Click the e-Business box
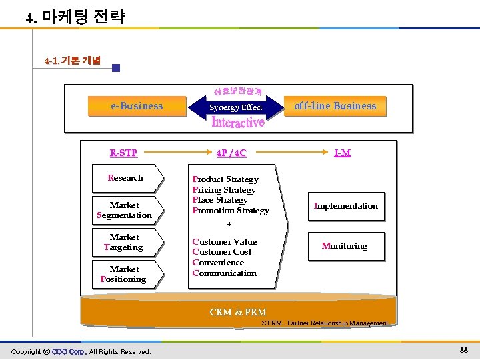click(x=137, y=106)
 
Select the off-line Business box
click(x=336, y=106)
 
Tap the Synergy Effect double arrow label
click(x=236, y=107)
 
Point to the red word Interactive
click(x=238, y=122)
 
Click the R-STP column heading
click(x=123, y=153)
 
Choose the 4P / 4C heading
click(x=231, y=153)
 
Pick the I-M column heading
click(x=342, y=153)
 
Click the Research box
click(x=125, y=178)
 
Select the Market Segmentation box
click(x=125, y=210)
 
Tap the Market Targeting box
click(x=125, y=242)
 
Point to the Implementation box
click(x=346, y=206)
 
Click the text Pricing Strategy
click(x=224, y=190)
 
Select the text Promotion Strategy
click(x=231, y=211)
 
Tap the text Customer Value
click(x=225, y=242)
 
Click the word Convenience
click(x=218, y=263)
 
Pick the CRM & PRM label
click(x=238, y=312)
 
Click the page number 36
click(x=464, y=351)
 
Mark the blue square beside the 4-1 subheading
click(x=116, y=68)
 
